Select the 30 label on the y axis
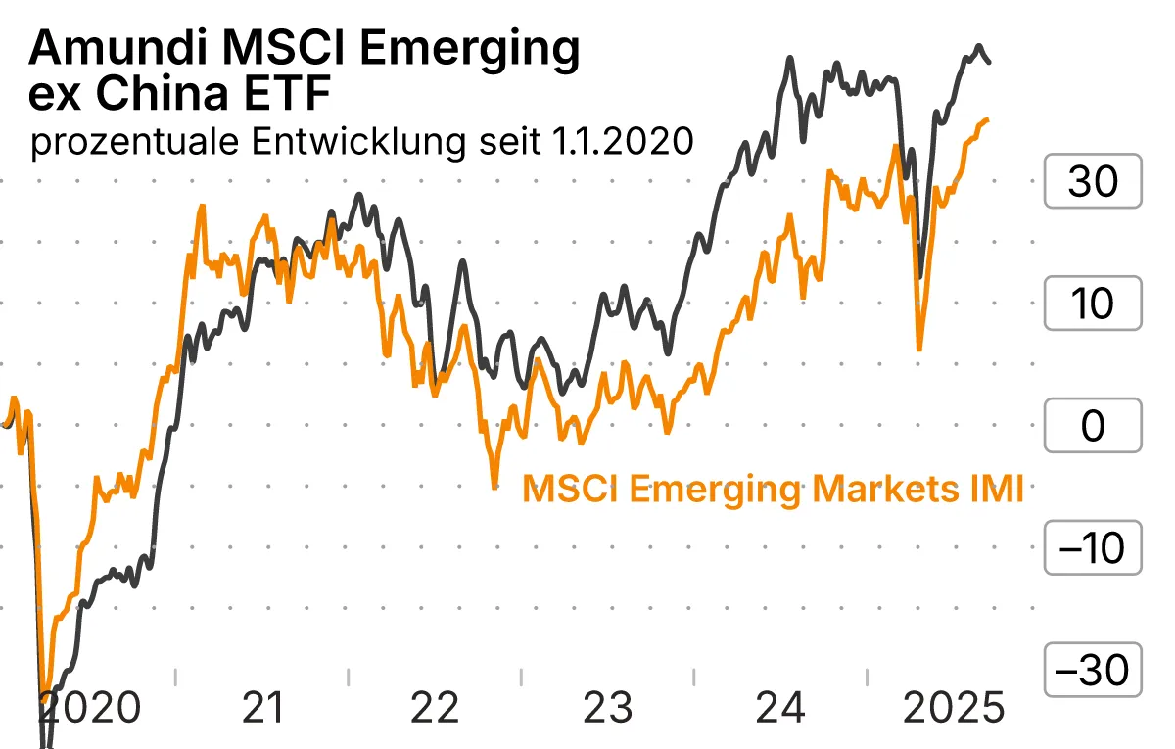pyautogui.click(x=1093, y=181)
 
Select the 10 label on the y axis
pyautogui.click(x=1093, y=304)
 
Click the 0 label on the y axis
pyautogui.click(x=1093, y=426)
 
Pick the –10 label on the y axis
pyautogui.click(x=1093, y=548)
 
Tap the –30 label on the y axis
pyautogui.click(x=1093, y=671)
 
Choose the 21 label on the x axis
pyautogui.click(x=261, y=708)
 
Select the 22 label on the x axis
pyautogui.click(x=435, y=708)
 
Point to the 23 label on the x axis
pyautogui.click(x=607, y=708)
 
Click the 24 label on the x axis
pyautogui.click(x=780, y=708)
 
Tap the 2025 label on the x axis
pyautogui.click(x=952, y=708)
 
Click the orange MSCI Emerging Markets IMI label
pyautogui.click(x=773, y=488)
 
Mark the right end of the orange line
pyautogui.click(x=988, y=120)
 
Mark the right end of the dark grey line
pyautogui.click(x=989, y=62)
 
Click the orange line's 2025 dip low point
pyautogui.click(x=918, y=349)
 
